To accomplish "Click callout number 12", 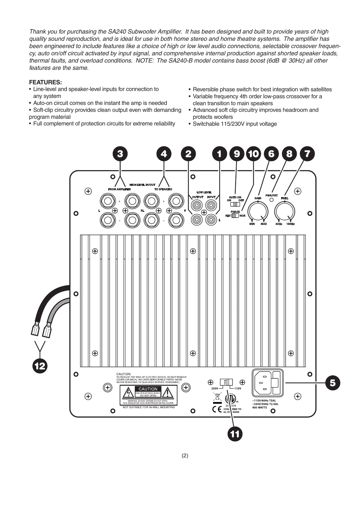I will click(x=40, y=366).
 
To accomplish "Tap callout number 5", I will click(x=332, y=383).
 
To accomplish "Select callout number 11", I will click(x=235, y=434).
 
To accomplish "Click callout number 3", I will click(x=120, y=154).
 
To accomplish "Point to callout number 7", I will click(x=307, y=154).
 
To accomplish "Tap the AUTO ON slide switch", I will click(x=235, y=204).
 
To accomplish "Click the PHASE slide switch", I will click(x=235, y=216).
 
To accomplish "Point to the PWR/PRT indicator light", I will click(x=271, y=199).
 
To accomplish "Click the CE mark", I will click(x=217, y=410).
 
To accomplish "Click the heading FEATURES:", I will click(x=45, y=82).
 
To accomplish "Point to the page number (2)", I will click(x=185, y=456).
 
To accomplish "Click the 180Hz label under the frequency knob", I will click(x=290, y=224).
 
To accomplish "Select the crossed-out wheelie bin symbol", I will click(x=217, y=397).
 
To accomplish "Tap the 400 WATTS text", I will click(x=259, y=407).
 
